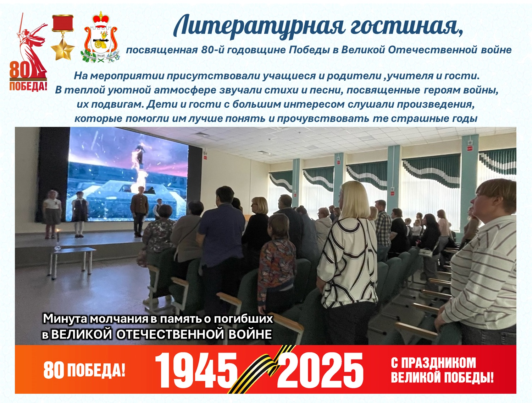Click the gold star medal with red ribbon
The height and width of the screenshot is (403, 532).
click(63, 37)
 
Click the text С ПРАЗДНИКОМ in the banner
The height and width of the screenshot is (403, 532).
click(433, 363)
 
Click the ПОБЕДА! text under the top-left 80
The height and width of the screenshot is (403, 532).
click(28, 86)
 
